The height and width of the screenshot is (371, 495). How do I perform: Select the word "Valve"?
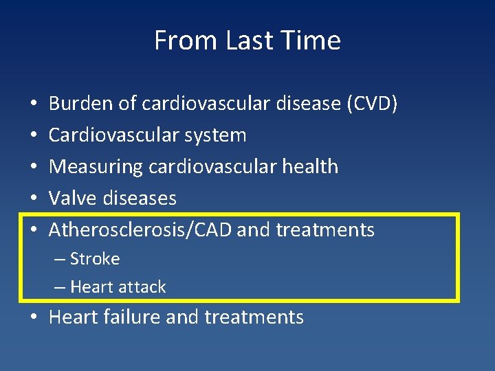tap(73, 198)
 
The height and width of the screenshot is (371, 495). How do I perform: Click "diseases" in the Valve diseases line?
tap(140, 198)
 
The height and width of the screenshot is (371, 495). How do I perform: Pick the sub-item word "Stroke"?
tap(94, 259)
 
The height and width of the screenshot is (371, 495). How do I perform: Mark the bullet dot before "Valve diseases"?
tap(34, 199)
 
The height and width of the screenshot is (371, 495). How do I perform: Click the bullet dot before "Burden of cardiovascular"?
tap(34, 104)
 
